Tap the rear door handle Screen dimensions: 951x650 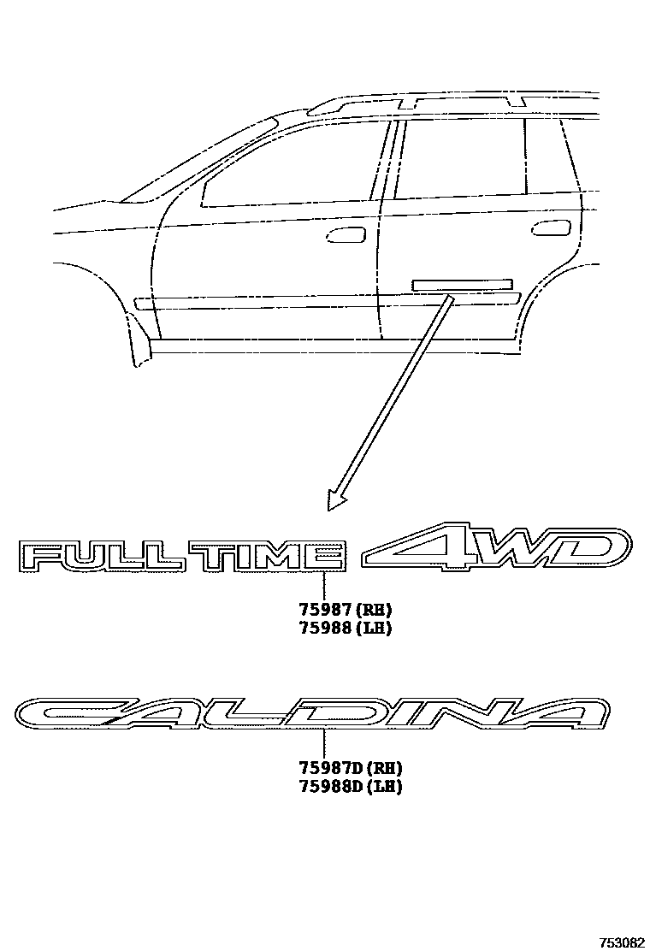(551, 228)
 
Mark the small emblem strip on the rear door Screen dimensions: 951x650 (462, 285)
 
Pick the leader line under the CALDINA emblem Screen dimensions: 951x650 (325, 743)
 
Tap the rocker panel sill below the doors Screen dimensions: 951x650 (334, 346)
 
